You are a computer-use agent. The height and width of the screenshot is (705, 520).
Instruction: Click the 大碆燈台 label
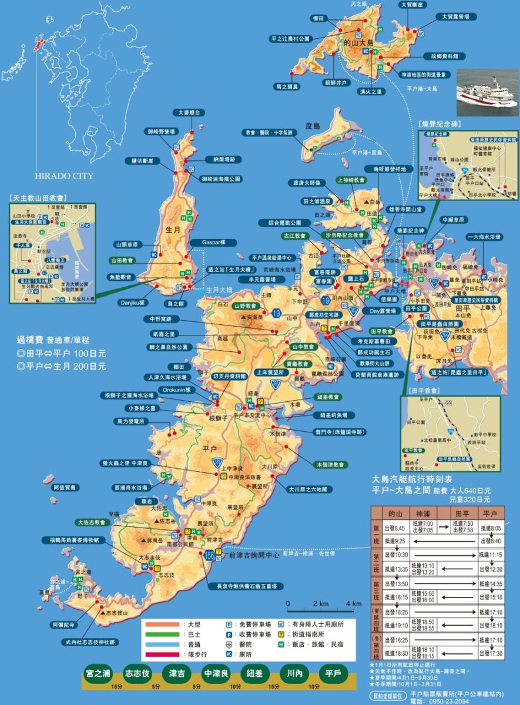[189, 112]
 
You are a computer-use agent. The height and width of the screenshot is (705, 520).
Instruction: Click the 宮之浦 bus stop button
[98, 673]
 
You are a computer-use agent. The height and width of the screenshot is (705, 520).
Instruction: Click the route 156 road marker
[210, 555]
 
